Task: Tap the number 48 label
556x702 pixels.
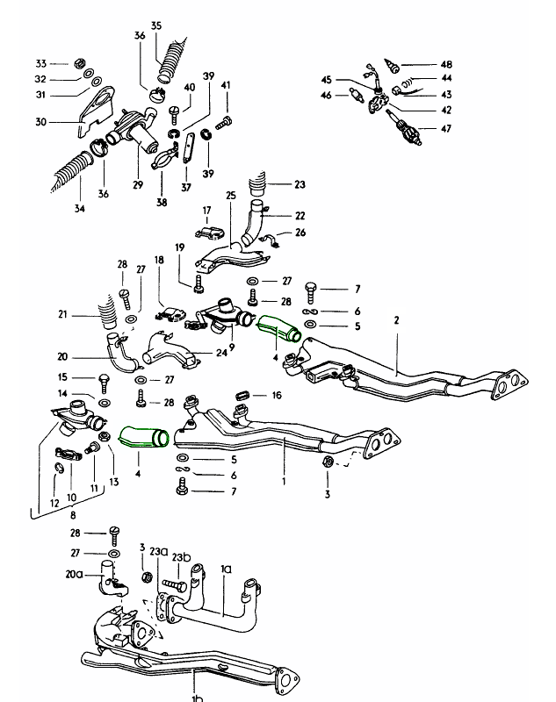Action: pyautogui.click(x=446, y=65)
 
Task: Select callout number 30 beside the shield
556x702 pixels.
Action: pyautogui.click(x=40, y=122)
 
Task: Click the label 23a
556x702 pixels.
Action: pyautogui.click(x=159, y=551)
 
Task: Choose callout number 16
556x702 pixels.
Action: pyautogui.click(x=277, y=396)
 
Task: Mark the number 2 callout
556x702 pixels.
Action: pyautogui.click(x=396, y=321)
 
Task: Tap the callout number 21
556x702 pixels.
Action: pyautogui.click(x=62, y=315)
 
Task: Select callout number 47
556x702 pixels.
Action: pyautogui.click(x=446, y=129)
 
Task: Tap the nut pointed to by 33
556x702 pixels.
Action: pyautogui.click(x=77, y=64)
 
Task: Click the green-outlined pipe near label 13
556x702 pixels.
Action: pyautogui.click(x=141, y=435)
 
